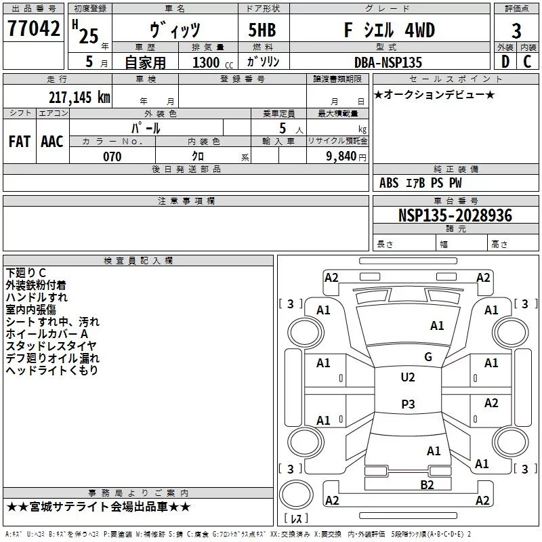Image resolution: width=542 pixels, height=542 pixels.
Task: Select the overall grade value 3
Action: pyautogui.click(x=516, y=30)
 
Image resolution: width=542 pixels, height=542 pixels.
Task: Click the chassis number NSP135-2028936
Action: pyautogui.click(x=455, y=216)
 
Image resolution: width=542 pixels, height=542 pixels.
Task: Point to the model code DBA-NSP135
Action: pyautogui.click(x=388, y=62)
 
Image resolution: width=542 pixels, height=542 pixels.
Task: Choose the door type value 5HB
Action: pyautogui.click(x=257, y=30)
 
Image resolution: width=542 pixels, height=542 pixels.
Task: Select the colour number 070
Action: pyautogui.click(x=112, y=157)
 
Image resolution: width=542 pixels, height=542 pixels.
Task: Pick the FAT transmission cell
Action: pyautogui.click(x=20, y=142)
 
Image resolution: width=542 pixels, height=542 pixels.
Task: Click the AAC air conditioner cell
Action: pyautogui.click(x=52, y=142)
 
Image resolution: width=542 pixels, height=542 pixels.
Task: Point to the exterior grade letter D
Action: pyautogui.click(x=504, y=62)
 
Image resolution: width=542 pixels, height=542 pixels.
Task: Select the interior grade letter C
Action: pyautogui.click(x=527, y=62)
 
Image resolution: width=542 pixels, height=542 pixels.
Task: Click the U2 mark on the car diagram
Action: pyautogui.click(x=407, y=377)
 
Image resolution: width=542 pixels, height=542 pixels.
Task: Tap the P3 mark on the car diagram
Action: pyautogui.click(x=407, y=404)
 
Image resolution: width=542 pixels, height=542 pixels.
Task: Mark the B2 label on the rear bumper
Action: pyautogui.click(x=427, y=484)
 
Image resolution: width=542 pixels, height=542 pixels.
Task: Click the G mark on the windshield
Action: pyautogui.click(x=428, y=356)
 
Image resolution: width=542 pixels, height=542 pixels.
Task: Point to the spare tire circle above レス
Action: pyautogui.click(x=297, y=495)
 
